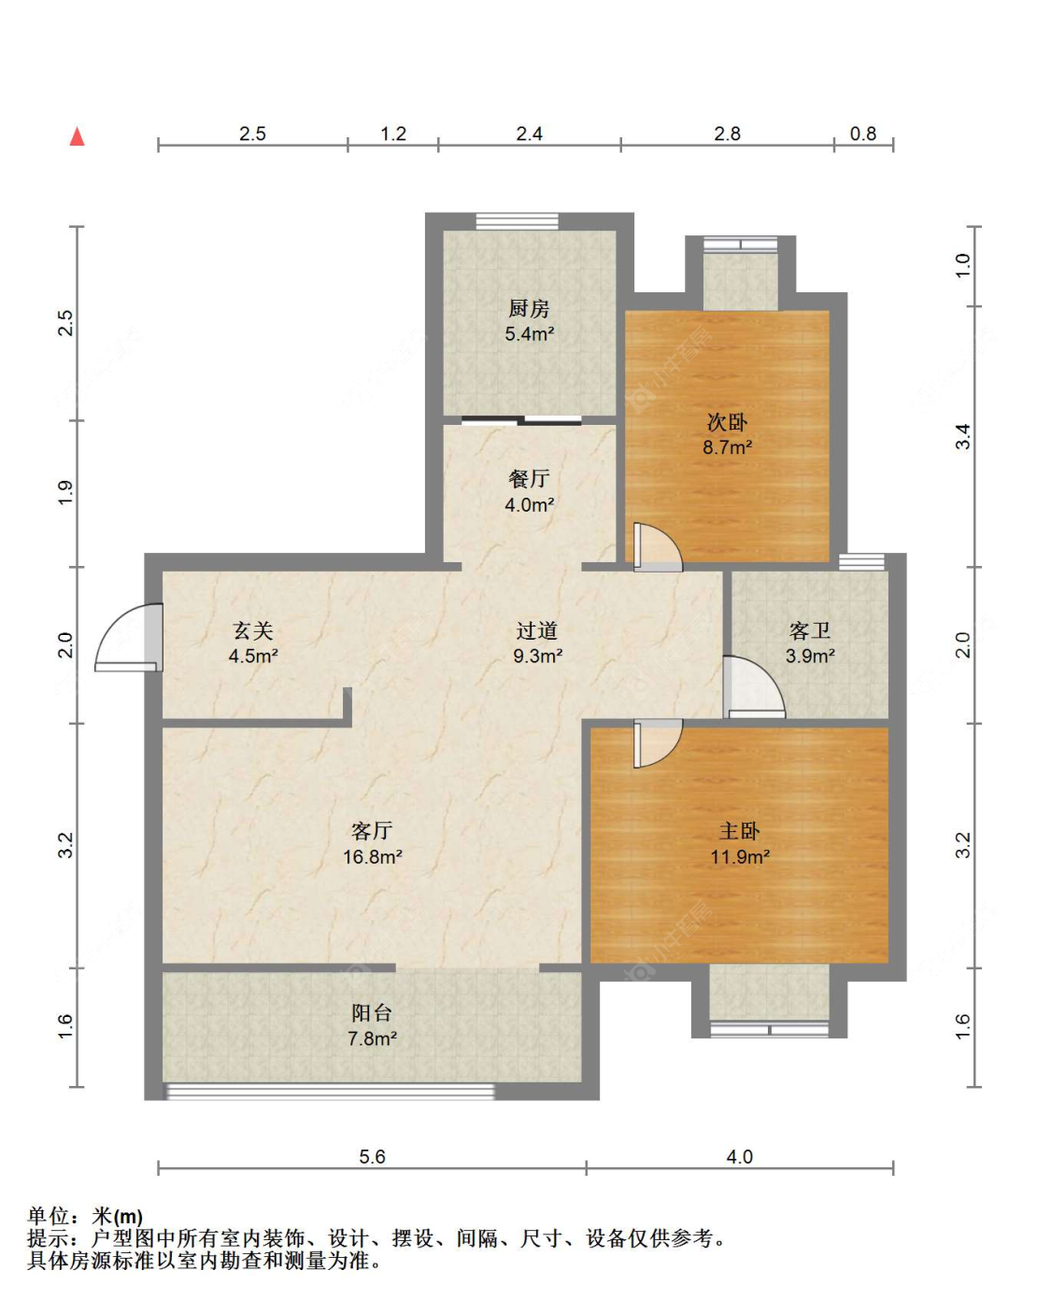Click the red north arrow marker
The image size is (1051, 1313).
point(78,136)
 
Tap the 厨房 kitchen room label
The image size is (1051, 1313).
point(529,308)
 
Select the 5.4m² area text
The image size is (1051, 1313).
point(530,334)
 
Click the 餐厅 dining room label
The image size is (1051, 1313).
point(529,479)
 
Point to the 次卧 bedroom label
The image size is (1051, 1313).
point(727,422)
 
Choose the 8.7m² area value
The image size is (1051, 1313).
point(727,447)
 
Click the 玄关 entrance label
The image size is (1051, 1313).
point(252,631)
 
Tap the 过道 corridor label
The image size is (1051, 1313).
point(537,631)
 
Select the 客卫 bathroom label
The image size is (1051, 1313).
point(809,631)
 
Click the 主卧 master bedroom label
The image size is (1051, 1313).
point(739,831)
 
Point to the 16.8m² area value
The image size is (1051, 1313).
point(372,856)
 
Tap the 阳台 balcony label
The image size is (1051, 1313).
point(372,1013)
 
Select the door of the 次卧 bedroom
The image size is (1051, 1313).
point(657,548)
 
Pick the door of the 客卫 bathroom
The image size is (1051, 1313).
point(753,689)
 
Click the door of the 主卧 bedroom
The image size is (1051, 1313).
point(657,742)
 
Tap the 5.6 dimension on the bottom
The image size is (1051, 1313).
point(372,1157)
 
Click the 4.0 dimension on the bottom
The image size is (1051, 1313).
point(739,1157)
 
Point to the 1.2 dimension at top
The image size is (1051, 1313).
point(393,134)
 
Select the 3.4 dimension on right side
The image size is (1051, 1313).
point(962,436)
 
